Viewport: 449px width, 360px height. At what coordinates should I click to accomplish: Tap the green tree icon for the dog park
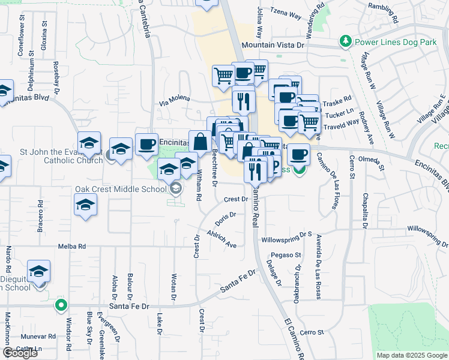346,41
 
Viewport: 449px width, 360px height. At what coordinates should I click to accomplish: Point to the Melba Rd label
72,247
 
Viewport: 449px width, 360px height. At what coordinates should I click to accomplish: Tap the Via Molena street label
175,99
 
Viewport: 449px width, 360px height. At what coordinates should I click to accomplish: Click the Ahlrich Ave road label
221,239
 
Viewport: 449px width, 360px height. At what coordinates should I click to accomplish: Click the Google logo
20,353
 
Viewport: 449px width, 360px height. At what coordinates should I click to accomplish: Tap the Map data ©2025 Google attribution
412,355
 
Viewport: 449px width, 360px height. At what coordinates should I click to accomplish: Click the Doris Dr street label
224,219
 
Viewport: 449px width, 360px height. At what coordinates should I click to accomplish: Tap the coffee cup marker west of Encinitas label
146,144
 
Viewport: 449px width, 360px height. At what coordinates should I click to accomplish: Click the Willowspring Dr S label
287,239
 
